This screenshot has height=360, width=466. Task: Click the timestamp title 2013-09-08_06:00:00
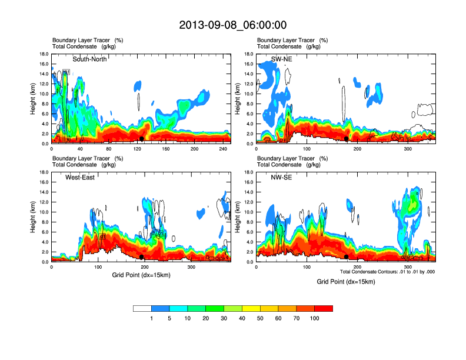point(233,25)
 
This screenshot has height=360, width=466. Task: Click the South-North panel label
point(89,59)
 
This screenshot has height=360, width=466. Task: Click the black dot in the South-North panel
point(142,139)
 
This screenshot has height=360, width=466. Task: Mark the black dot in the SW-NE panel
point(346,138)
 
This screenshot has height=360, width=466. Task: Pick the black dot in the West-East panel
point(142,257)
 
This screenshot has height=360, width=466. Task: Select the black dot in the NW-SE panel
point(346,257)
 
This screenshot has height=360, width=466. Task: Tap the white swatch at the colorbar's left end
point(142,308)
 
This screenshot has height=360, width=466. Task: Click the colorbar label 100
point(315,318)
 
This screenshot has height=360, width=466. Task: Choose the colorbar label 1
point(152,318)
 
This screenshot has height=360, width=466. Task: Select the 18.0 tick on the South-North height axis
point(44,54)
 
